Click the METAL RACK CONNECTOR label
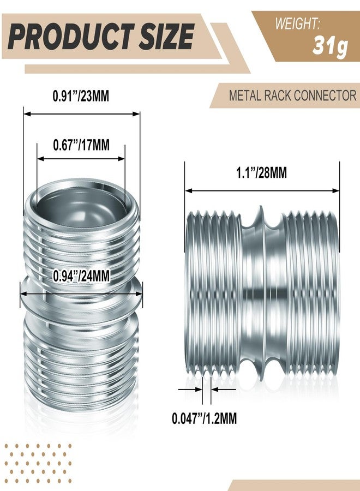(292, 96)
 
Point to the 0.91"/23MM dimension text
(81, 96)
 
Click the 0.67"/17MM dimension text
(81, 145)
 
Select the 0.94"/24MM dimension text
(81, 277)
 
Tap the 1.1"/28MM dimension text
(261, 173)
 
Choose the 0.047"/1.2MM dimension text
(204, 419)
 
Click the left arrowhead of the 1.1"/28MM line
(189, 190)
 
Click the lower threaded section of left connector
(81, 355)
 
